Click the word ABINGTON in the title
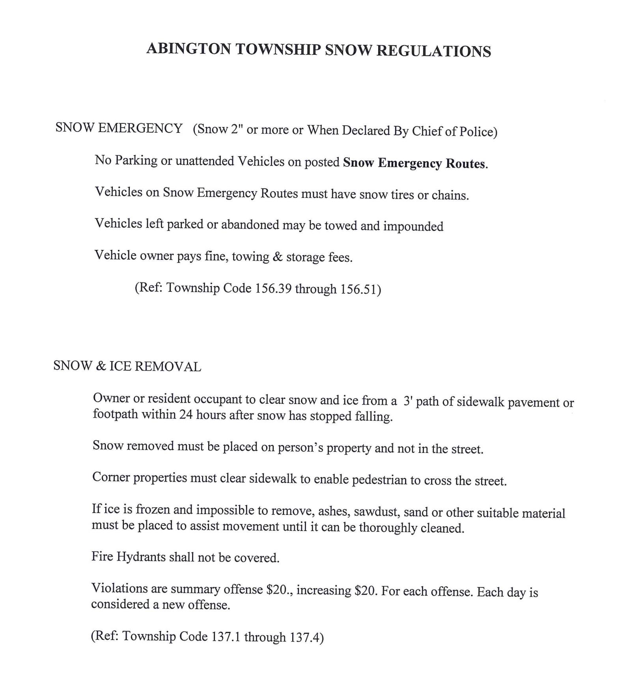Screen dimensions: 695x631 pos(189,49)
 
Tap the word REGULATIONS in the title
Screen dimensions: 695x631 pos(433,51)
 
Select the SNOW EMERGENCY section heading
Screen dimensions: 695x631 pos(119,128)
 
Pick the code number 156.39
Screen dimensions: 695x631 pos(273,289)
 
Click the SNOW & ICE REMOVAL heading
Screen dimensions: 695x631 pos(127,366)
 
